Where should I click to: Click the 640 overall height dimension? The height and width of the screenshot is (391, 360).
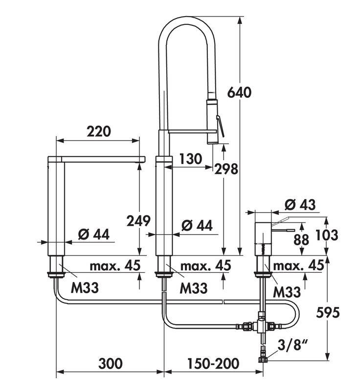[239, 92]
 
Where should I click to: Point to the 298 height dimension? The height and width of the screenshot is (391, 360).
[226, 169]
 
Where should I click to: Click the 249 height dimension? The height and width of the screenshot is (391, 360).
[138, 221]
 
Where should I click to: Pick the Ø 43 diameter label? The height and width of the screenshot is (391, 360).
[300, 205]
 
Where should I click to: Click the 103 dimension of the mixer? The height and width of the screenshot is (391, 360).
[327, 235]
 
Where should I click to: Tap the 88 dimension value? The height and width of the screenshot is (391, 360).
[301, 240]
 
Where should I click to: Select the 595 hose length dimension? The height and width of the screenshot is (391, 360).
[328, 312]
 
